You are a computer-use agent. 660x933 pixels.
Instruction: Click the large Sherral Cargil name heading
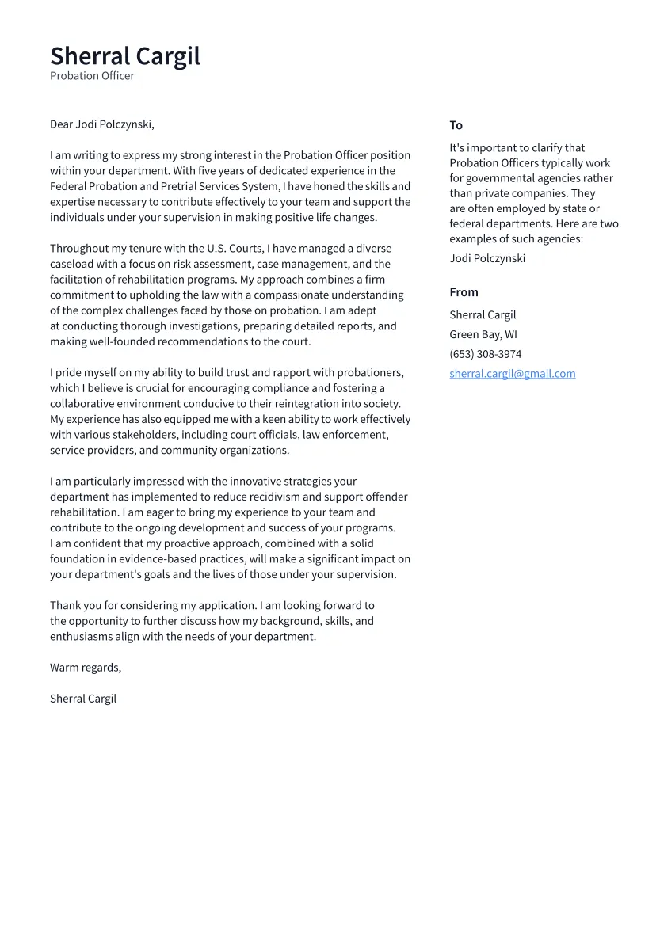click(x=125, y=56)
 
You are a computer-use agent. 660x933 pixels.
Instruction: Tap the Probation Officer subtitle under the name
click(x=92, y=76)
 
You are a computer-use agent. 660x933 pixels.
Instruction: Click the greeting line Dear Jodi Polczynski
click(x=101, y=124)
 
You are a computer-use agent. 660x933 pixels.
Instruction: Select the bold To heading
click(x=456, y=125)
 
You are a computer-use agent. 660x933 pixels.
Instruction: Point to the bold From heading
click(x=464, y=292)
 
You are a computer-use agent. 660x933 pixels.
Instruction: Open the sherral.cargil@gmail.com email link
click(x=512, y=374)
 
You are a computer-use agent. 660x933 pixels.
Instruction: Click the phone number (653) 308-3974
click(x=485, y=354)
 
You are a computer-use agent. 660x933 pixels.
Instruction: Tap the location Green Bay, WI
click(x=483, y=334)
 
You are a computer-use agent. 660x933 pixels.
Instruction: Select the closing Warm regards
click(x=85, y=668)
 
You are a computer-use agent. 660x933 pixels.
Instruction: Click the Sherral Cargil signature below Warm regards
click(x=82, y=699)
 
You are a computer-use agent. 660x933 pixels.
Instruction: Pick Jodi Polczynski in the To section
click(x=486, y=258)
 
